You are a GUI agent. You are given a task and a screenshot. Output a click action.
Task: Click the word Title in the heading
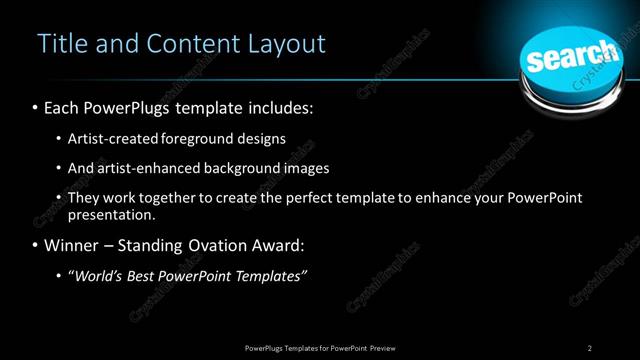tap(59, 44)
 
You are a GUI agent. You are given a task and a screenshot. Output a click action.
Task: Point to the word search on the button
tap(571, 56)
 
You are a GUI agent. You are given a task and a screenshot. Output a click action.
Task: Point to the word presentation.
tap(110, 214)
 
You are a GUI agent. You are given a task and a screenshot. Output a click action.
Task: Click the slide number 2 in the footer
tap(590, 347)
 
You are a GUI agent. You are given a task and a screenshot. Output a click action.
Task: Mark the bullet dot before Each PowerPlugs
tap(36, 107)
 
